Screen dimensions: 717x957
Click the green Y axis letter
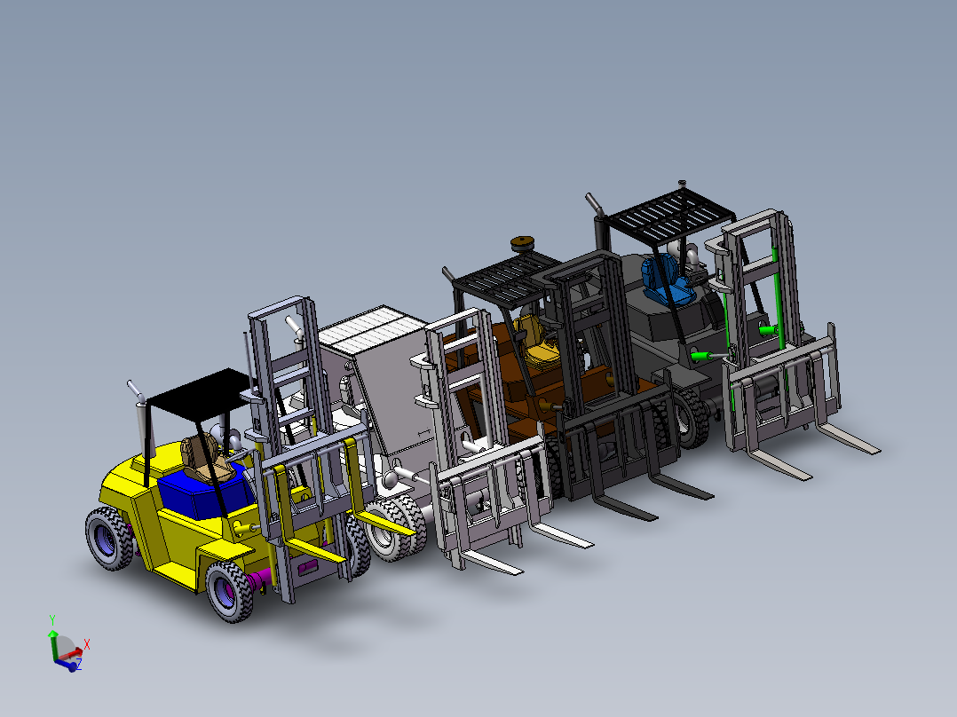[x=52, y=619]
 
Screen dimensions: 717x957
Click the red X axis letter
[x=86, y=644]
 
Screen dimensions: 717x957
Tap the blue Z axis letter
[x=77, y=663]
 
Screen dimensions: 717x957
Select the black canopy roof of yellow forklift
[x=197, y=389]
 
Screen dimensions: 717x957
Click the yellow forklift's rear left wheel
[x=108, y=540]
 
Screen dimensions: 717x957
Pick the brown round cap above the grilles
[x=524, y=244]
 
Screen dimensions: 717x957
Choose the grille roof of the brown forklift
[x=502, y=278]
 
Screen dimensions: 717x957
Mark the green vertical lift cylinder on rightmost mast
[x=780, y=293]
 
